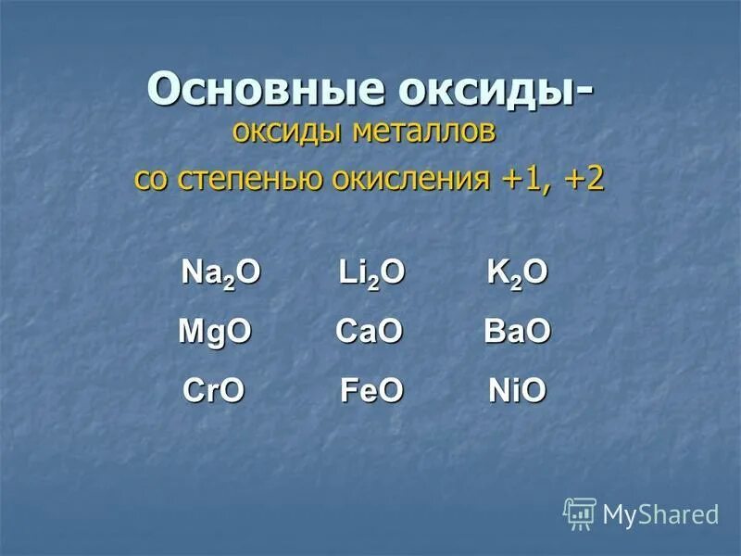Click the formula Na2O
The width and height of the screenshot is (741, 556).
[x=220, y=273]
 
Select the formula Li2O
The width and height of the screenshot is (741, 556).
[x=370, y=273]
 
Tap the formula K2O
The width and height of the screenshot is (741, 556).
[x=518, y=273]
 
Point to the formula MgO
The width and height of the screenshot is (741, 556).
[x=215, y=333]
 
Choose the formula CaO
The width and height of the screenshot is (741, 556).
[x=369, y=333]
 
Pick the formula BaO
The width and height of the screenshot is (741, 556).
[x=518, y=333]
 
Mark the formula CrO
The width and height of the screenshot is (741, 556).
[x=214, y=392]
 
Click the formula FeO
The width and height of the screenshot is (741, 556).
[x=371, y=392]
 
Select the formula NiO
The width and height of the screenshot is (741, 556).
[x=518, y=392]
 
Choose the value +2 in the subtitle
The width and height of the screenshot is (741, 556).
[x=583, y=178]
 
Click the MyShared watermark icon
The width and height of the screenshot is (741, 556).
[x=580, y=512]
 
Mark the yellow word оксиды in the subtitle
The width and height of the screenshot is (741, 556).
[x=288, y=133]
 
